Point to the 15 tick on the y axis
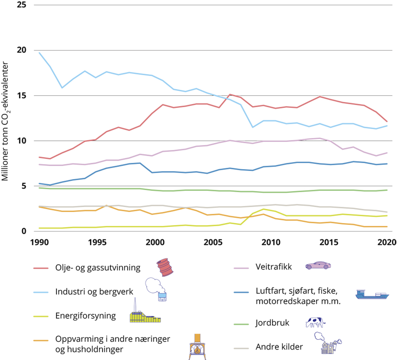coord(21,96)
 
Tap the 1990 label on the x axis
coord(39,243)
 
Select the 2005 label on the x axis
coord(213,243)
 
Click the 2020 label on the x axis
coord(387,243)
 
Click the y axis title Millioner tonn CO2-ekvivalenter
coord(5,121)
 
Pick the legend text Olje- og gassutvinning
coord(98,268)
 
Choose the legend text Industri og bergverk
coord(94,292)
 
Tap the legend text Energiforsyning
coord(85,316)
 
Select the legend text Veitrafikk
coord(274,267)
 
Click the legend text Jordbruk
coord(272,323)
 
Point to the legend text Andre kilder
coord(279,347)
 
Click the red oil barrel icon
coord(165,267)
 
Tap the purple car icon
coord(318,265)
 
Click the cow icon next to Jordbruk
coord(315,322)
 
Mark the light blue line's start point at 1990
coord(39,53)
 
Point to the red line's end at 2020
coord(387,122)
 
